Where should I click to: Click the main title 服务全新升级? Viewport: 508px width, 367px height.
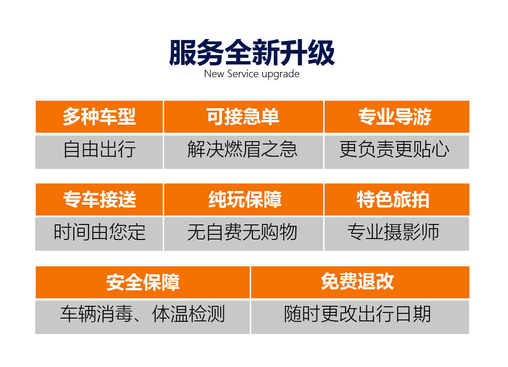(x=252, y=53)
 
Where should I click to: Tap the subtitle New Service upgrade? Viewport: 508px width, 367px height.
(x=252, y=74)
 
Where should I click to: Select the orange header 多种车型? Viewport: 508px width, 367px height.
(x=99, y=117)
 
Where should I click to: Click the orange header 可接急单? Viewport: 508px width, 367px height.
(x=244, y=117)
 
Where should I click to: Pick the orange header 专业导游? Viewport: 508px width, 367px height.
(x=397, y=117)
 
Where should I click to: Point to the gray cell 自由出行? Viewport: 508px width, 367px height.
(x=99, y=152)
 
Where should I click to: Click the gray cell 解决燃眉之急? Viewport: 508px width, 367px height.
(x=244, y=152)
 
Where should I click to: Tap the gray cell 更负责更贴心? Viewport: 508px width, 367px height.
(x=397, y=152)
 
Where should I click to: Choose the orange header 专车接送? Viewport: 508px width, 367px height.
(x=99, y=199)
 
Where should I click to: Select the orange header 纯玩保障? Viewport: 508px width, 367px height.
(x=244, y=199)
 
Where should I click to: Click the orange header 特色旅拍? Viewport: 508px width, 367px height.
(x=397, y=199)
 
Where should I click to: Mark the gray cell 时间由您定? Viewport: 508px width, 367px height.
(x=99, y=234)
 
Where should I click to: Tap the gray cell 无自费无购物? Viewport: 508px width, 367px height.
(x=244, y=234)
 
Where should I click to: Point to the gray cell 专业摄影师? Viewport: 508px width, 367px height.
(x=397, y=234)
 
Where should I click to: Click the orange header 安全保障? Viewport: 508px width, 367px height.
(x=143, y=282)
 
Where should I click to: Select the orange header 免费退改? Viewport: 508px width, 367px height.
(x=360, y=282)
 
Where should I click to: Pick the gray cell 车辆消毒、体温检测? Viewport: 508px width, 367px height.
(x=143, y=317)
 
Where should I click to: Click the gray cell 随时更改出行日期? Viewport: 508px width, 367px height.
(x=360, y=317)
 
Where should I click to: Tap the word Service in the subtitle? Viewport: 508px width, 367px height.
(x=243, y=73)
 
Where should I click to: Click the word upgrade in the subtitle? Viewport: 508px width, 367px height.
(x=280, y=74)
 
